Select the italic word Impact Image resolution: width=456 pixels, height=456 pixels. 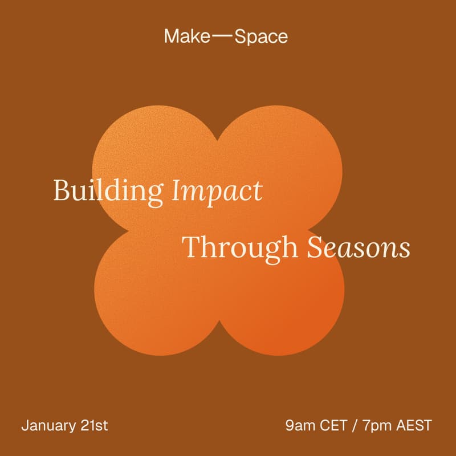coord(217,192)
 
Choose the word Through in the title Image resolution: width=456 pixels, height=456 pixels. coord(239,249)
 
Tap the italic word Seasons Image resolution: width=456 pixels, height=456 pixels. coord(358,248)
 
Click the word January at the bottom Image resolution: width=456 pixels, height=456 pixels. coord(49,425)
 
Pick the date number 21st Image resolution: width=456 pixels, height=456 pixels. coord(94,425)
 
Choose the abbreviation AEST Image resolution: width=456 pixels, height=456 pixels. coord(415,425)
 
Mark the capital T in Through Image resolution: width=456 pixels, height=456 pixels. coord(191,247)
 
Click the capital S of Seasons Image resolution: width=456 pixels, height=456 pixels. coord(313,248)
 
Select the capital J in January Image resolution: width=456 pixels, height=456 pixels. coord(25,425)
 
